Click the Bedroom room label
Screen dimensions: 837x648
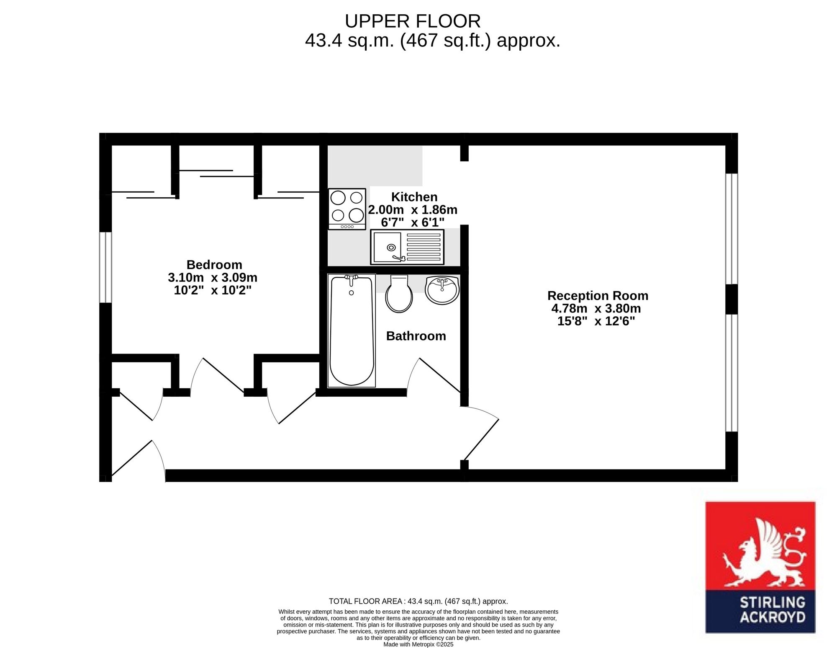click(214, 265)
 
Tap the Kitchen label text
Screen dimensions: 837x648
click(414, 197)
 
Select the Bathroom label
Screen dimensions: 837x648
click(416, 336)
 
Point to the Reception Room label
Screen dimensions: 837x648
click(598, 296)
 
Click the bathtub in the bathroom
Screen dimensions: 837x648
click(352, 330)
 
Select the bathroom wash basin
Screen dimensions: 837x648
click(442, 290)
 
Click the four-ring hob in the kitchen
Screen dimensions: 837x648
click(347, 209)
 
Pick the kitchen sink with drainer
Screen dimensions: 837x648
click(407, 247)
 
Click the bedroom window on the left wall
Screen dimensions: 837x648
click(105, 267)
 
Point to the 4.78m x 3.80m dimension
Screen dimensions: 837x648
click(596, 309)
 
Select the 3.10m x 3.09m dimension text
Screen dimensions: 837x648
click(213, 278)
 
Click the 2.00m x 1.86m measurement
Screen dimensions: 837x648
click(413, 209)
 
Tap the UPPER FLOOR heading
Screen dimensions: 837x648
click(413, 21)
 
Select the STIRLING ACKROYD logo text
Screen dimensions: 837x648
click(773, 609)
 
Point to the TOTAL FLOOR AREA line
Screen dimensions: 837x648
click(418, 602)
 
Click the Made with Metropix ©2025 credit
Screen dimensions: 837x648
click(418, 644)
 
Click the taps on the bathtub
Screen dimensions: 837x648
click(351, 280)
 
